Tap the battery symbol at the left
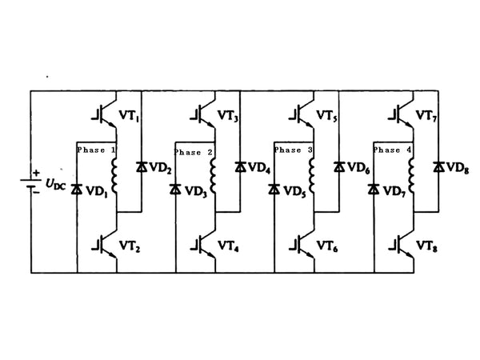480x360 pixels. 32,182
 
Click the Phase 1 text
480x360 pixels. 97,150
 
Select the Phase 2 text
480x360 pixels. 194,152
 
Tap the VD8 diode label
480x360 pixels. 457,168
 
